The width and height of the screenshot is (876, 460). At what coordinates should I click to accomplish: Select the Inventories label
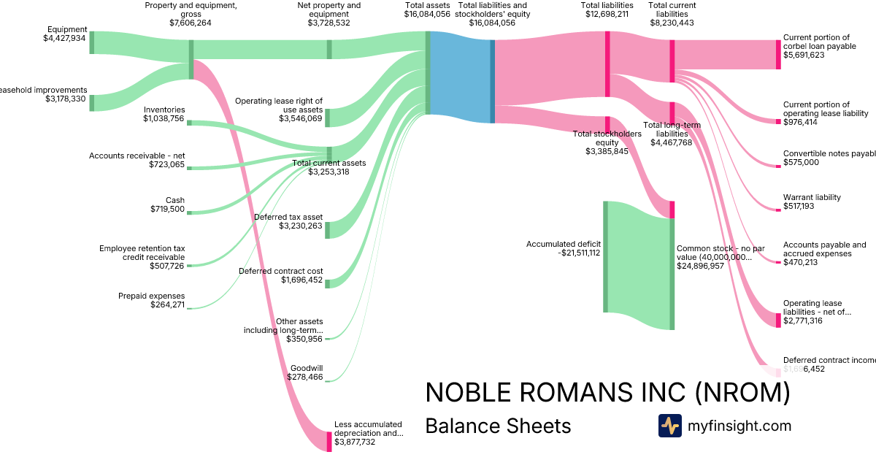164,110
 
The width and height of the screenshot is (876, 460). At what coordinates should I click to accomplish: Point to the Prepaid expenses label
151,296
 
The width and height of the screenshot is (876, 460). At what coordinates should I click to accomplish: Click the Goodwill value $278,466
306,377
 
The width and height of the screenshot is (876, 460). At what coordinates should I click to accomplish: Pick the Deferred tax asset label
288,217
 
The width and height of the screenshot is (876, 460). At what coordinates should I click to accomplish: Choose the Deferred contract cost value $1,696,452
301,280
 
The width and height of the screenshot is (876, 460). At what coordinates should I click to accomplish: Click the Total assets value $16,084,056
427,14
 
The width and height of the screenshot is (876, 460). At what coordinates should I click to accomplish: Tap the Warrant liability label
812,197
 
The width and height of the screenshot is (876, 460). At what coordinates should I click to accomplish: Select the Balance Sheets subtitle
498,426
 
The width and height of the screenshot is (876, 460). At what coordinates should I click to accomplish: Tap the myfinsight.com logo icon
669,426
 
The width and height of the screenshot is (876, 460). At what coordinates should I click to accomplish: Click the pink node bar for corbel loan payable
778,54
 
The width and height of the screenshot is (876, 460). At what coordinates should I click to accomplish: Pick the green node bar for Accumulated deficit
605,256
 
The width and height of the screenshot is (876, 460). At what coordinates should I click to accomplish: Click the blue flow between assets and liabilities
460,73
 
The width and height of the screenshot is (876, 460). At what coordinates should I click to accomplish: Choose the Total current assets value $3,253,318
328,172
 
